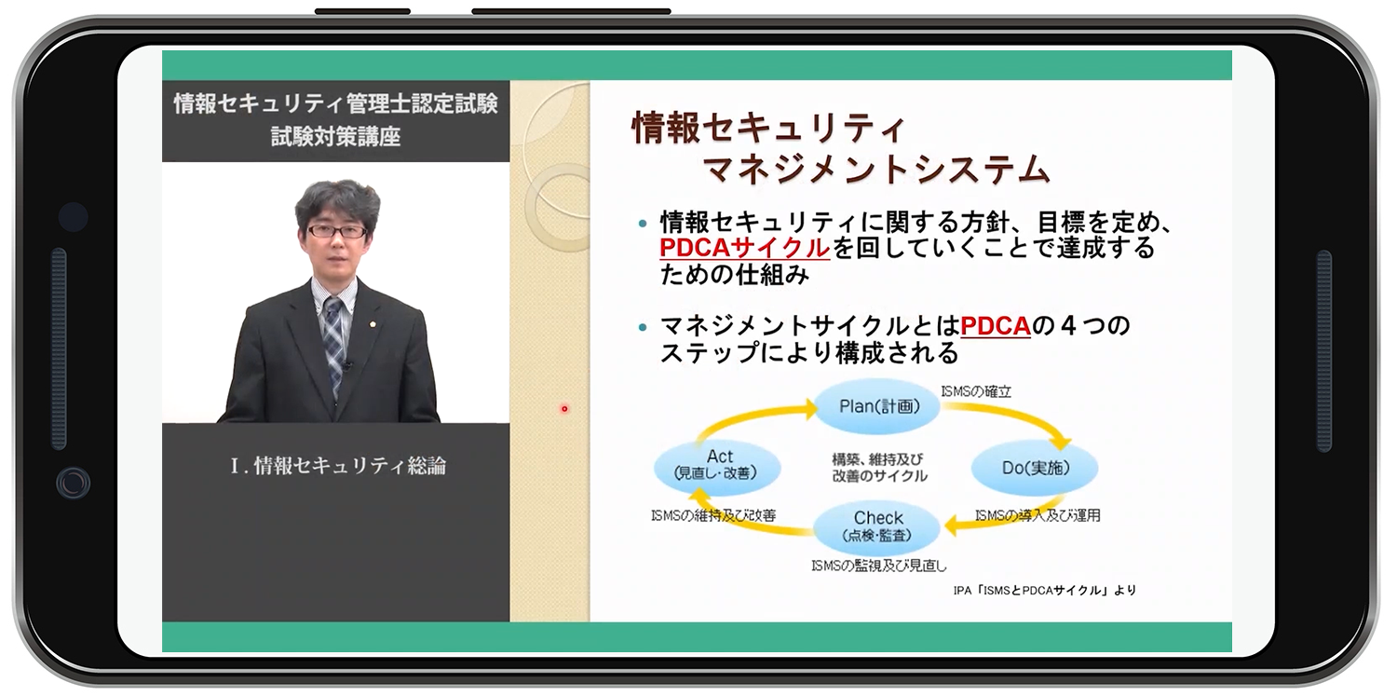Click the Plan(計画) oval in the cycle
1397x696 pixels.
877,406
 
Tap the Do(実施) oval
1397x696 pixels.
1035,468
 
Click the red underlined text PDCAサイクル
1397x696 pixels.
744,248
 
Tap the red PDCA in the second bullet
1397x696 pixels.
996,326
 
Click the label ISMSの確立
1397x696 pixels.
976,391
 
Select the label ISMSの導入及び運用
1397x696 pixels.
1038,516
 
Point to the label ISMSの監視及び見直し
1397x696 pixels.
879,566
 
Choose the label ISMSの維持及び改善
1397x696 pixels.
713,516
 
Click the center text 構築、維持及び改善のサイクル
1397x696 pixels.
879,468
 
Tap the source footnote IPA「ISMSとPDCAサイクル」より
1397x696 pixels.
1045,590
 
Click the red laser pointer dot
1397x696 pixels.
564,409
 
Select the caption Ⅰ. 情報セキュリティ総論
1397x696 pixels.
338,466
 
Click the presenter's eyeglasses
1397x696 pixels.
337,231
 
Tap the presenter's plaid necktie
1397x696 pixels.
333,340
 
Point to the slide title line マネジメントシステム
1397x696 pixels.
876,169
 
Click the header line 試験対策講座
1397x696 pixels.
335,136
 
